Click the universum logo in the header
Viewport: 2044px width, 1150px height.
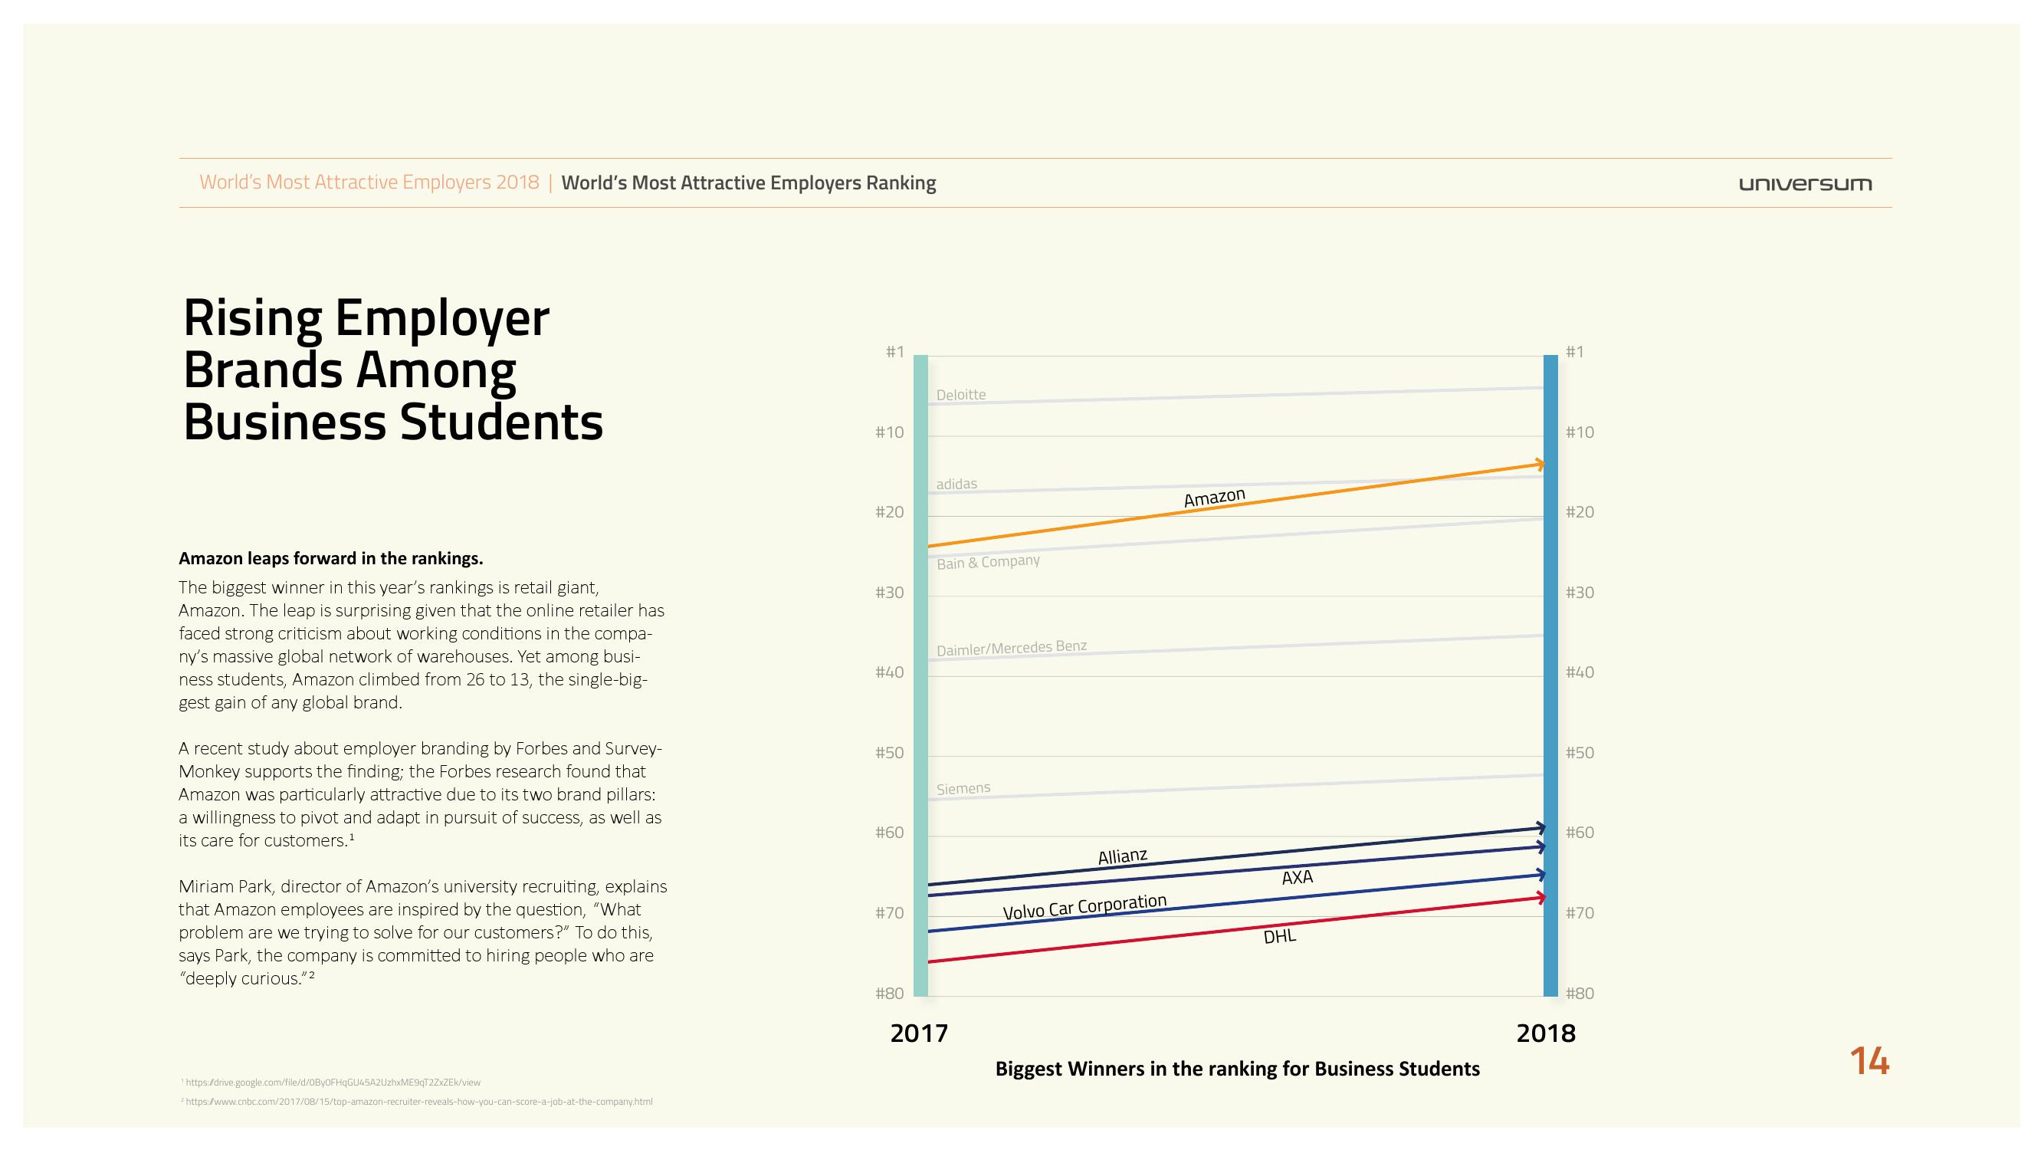pyautogui.click(x=1804, y=184)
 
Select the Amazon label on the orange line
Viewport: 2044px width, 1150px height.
pyautogui.click(x=1214, y=498)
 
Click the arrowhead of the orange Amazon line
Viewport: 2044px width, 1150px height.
pyautogui.click(x=1540, y=464)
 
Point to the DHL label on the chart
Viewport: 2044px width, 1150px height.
pyautogui.click(x=1279, y=937)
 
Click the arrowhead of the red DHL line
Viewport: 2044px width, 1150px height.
pyautogui.click(x=1540, y=898)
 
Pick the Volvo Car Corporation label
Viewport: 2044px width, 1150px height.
pyautogui.click(x=1084, y=907)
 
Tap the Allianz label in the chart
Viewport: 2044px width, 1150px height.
pyautogui.click(x=1122, y=856)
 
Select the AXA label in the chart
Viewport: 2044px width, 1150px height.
pyautogui.click(x=1298, y=877)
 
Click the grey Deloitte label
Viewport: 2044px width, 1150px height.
pyautogui.click(x=961, y=394)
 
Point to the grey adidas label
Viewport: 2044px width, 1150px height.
pyautogui.click(x=956, y=483)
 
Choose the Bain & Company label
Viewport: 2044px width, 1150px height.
pyautogui.click(x=988, y=562)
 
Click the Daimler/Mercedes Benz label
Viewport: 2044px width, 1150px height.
pyautogui.click(x=1011, y=649)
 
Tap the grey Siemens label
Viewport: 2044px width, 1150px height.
pyautogui.click(x=963, y=788)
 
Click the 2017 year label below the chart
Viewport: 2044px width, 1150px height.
pyautogui.click(x=919, y=1033)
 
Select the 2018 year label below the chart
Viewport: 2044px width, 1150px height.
pyautogui.click(x=1545, y=1033)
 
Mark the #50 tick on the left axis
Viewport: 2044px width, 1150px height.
pyautogui.click(x=889, y=752)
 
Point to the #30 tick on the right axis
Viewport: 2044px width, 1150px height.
pyautogui.click(x=1580, y=593)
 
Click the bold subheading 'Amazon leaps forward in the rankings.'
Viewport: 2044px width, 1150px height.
pyautogui.click(x=330, y=558)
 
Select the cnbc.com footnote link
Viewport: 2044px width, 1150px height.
pyautogui.click(x=418, y=1102)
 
